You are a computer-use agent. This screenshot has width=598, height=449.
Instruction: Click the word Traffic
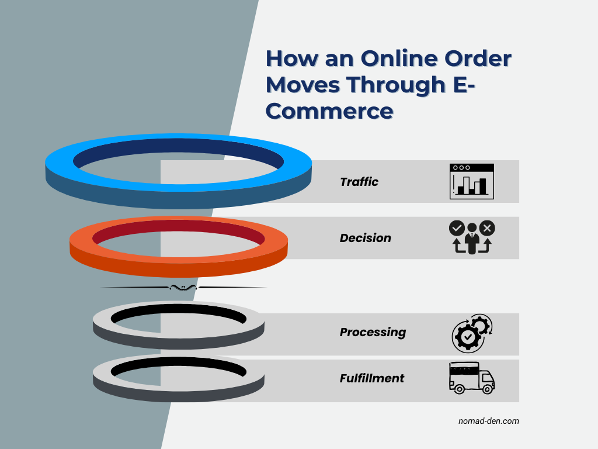point(359,182)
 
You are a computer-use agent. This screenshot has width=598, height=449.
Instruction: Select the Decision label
point(366,238)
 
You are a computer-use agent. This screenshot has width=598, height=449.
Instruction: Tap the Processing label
point(373,332)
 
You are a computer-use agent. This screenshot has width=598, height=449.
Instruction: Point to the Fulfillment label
point(372,378)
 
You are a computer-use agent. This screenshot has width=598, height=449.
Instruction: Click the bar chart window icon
point(472,181)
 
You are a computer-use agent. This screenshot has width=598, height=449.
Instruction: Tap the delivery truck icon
point(471,377)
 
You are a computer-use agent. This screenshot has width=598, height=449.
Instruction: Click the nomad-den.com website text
point(489,420)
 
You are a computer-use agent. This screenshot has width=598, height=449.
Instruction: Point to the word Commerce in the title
point(329,111)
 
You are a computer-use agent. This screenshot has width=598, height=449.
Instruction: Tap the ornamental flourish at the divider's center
point(183,287)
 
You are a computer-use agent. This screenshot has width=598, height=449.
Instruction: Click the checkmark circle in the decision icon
point(456,227)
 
